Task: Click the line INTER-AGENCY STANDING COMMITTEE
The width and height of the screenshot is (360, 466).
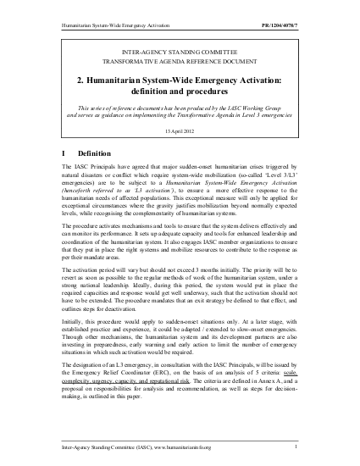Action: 179,53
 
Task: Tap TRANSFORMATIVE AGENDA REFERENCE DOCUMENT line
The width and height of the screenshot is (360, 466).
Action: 179,63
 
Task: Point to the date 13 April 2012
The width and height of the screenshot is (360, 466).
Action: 179,131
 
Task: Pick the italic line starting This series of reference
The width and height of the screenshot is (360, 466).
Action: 179,108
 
